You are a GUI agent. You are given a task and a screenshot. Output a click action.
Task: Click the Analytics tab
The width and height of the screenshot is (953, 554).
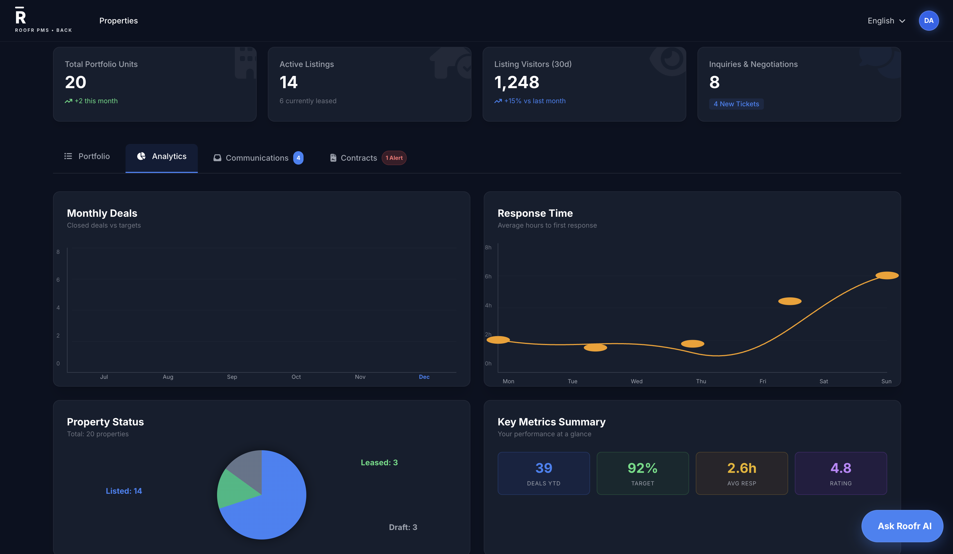point(162,156)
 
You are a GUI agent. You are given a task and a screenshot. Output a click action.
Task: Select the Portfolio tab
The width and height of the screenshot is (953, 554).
point(87,156)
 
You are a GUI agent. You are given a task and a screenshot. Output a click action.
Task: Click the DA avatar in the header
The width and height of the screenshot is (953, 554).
point(928,21)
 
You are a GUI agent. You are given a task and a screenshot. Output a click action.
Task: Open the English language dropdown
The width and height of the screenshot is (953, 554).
point(886,21)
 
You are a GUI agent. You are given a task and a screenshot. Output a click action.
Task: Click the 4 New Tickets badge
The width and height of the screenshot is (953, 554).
point(736,104)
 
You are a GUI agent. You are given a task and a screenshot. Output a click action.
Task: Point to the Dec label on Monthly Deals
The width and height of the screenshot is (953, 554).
point(424,377)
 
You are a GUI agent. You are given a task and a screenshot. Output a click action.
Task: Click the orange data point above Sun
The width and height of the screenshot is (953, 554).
point(887,275)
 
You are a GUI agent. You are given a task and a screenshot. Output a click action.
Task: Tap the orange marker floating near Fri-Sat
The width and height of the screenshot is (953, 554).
point(790,301)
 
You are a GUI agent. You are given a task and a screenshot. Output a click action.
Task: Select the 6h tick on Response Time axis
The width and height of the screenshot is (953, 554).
point(488,276)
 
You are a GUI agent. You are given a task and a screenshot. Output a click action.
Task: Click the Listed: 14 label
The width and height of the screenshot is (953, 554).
point(124,491)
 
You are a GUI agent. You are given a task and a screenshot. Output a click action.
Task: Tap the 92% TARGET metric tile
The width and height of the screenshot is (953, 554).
point(642,473)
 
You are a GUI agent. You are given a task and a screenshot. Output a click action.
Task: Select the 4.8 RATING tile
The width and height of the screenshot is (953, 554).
point(840,473)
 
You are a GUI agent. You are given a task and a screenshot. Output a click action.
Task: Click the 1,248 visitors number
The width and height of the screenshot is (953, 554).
point(517,83)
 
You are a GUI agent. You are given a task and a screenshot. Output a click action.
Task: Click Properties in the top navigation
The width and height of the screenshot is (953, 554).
point(118,21)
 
